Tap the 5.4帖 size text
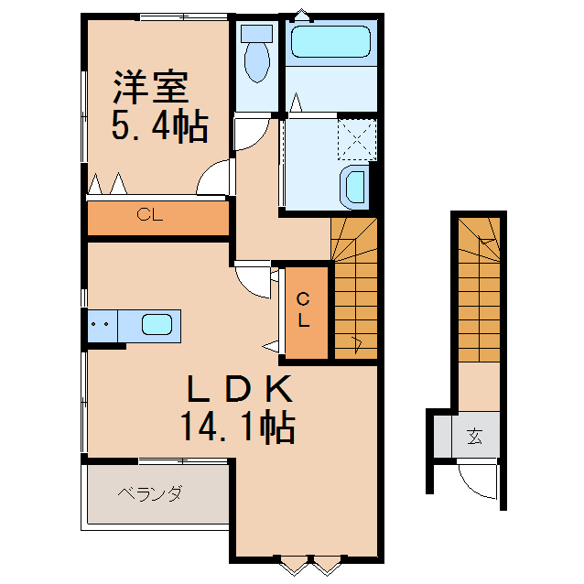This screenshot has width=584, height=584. click(x=158, y=125)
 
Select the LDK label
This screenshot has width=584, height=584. click(x=239, y=391)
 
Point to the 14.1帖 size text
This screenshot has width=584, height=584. click(x=237, y=427)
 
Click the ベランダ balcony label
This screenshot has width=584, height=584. click(x=149, y=495)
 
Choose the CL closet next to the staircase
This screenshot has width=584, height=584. click(x=305, y=310)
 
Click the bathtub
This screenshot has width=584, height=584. click(x=330, y=41)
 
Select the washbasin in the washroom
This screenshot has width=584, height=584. click(x=354, y=187)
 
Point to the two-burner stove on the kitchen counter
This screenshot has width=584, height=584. click(x=102, y=324)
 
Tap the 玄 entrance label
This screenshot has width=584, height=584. click(x=475, y=436)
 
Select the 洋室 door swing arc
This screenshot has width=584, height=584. click(x=216, y=178)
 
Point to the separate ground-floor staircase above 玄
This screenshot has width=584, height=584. click(x=479, y=293)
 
